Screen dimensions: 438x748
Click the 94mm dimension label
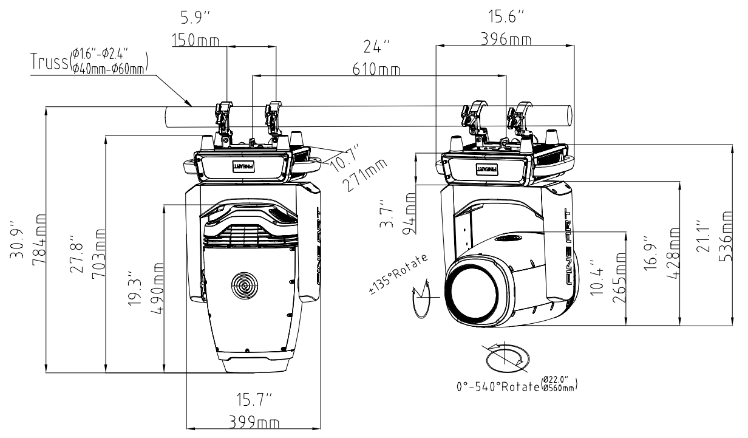pos(412,213)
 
